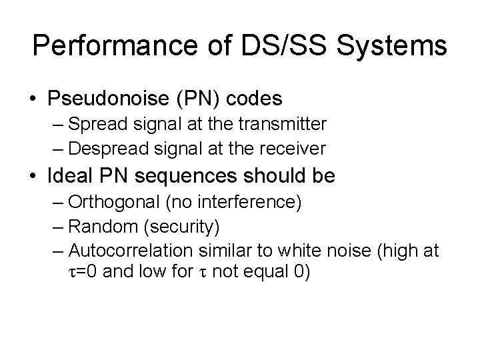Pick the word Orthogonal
[x=105, y=203]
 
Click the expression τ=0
[x=83, y=272]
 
